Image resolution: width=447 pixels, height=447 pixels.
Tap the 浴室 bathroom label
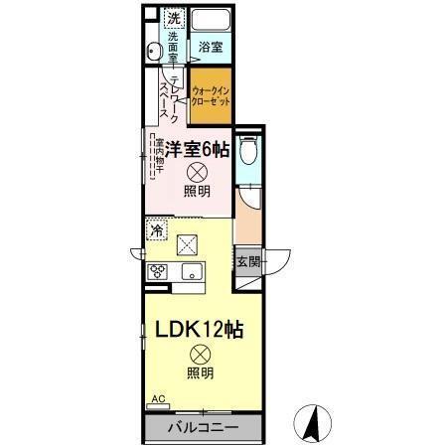[210, 47]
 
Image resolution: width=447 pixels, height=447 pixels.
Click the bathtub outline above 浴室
[210, 21]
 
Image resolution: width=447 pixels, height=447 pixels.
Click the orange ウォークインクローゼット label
[211, 94]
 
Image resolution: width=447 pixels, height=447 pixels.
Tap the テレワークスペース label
[170, 99]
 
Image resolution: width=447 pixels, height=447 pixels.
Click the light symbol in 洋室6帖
[197, 172]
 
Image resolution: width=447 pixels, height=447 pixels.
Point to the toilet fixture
[249, 151]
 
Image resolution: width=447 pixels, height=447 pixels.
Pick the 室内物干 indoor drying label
[158, 159]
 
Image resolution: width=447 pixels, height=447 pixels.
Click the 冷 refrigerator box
[158, 230]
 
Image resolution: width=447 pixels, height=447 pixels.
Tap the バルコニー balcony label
[202, 428]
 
